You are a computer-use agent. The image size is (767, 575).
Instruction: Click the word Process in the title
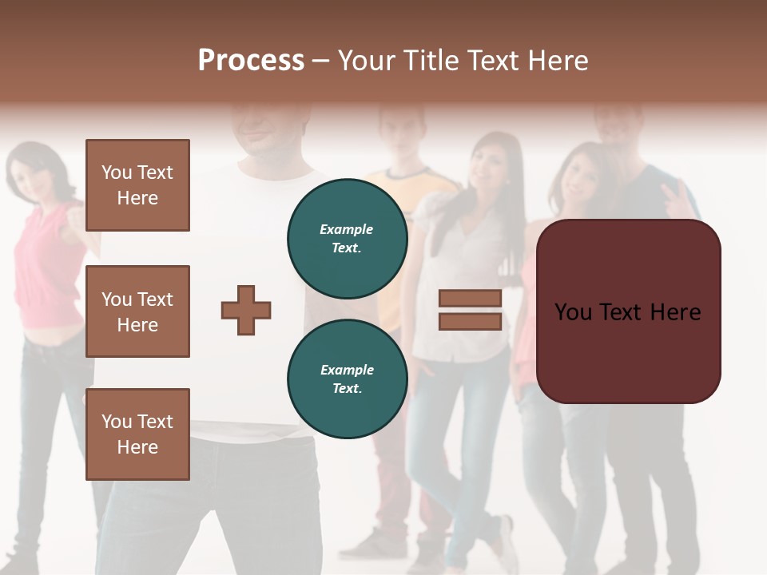click(x=251, y=61)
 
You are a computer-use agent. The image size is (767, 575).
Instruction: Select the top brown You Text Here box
click(x=137, y=185)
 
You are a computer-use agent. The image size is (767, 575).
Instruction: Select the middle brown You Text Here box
click(x=137, y=311)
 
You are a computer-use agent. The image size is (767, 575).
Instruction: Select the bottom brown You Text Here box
click(x=137, y=434)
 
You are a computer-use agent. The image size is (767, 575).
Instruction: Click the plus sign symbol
click(x=246, y=310)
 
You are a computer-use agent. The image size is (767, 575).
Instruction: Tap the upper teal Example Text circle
click(x=347, y=239)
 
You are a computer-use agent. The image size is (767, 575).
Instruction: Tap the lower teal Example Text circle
click(x=347, y=379)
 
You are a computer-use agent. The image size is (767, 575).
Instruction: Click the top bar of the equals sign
click(x=470, y=299)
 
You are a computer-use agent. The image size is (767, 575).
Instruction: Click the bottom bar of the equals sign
click(x=470, y=321)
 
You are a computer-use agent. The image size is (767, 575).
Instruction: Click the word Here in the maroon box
click(x=674, y=312)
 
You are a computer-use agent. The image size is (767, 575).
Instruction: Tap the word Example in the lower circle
click(x=347, y=370)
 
